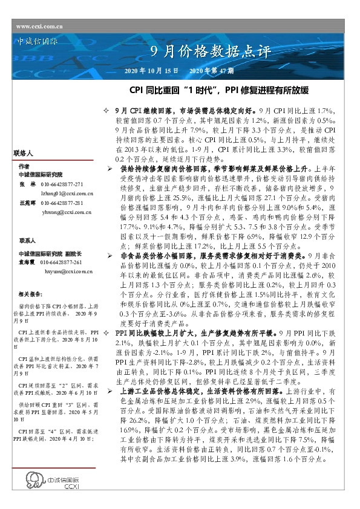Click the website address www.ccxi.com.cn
click(40, 27)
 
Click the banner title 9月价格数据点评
click(209, 51)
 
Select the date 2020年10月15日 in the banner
click(151, 71)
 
